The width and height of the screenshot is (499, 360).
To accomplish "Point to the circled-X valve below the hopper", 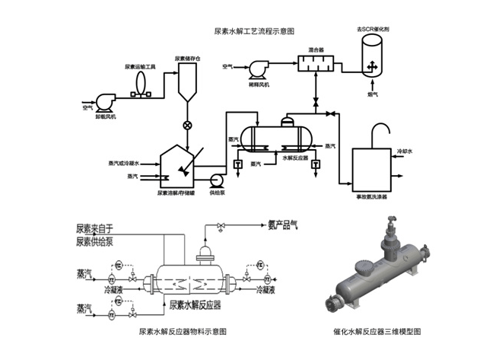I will pyautogui.click(x=187, y=125).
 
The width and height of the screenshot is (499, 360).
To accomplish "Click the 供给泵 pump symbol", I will pyautogui.click(x=215, y=180).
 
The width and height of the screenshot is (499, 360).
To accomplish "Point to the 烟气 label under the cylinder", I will pyautogui.click(x=372, y=94).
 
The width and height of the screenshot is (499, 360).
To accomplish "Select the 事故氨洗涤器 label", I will pyautogui.click(x=370, y=196).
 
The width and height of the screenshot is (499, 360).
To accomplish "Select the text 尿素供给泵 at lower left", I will pyautogui.click(x=95, y=243).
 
